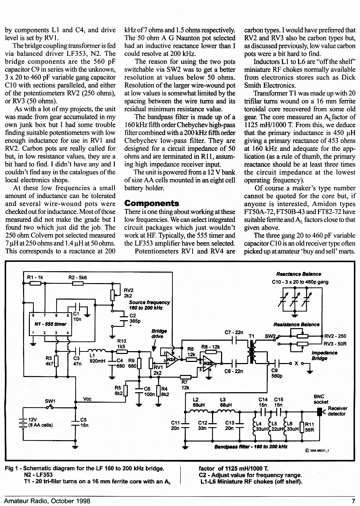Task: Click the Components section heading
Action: (x=152, y=203)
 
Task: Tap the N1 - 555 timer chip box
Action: (x=51, y=324)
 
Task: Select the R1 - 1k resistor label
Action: (x=35, y=277)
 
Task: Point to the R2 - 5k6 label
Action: (x=77, y=277)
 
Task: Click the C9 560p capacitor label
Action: (x=277, y=373)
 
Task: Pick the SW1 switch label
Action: (x=50, y=401)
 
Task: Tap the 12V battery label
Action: (x=32, y=420)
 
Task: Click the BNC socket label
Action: (x=320, y=399)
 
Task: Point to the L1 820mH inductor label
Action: (x=97, y=358)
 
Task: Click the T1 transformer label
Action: (x=251, y=336)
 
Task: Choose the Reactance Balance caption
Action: (x=298, y=274)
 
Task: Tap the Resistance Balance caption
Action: (x=296, y=324)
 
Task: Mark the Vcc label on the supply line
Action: (x=87, y=399)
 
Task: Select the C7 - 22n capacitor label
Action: (x=234, y=332)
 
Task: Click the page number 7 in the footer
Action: (x=354, y=501)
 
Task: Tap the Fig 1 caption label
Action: (x=12, y=469)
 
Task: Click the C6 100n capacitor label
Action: (x=149, y=391)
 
